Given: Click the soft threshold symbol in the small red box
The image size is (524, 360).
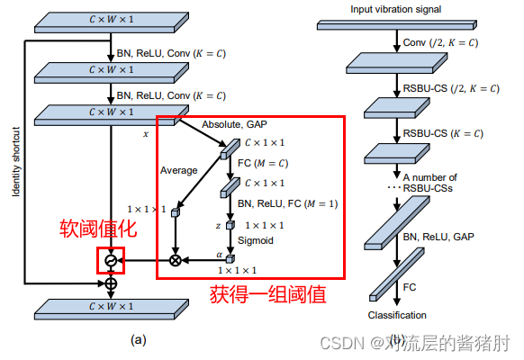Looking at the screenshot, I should point(111,260).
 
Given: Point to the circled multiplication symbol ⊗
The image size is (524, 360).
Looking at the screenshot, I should point(175,260).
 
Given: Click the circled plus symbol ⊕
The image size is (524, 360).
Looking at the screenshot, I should point(111,284).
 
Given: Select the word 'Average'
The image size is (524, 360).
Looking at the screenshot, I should point(178,169).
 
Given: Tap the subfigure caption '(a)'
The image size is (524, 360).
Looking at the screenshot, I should point(137,340).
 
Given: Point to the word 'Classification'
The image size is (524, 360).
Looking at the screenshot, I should point(397,315).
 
